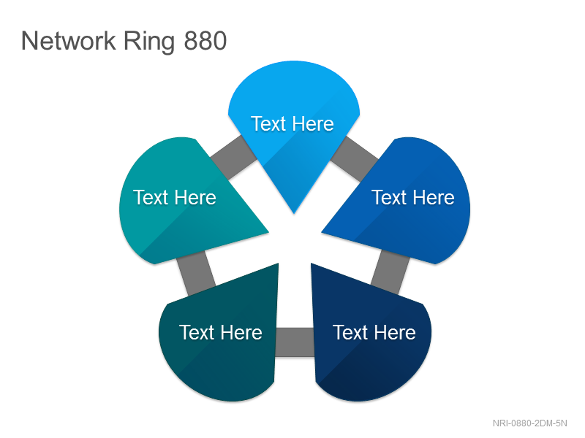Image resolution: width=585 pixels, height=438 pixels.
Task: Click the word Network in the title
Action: tap(68, 41)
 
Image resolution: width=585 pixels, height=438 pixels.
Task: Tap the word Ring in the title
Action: tap(149, 42)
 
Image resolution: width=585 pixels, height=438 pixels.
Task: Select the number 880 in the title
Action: tap(205, 41)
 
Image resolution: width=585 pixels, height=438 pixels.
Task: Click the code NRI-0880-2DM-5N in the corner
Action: tap(529, 423)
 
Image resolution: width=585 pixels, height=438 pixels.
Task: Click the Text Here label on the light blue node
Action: tap(292, 123)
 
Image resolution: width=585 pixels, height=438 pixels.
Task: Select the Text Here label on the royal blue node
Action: tap(413, 197)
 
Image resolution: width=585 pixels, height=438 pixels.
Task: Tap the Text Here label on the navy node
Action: tap(374, 332)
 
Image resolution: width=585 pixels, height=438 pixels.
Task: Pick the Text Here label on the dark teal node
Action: tap(221, 332)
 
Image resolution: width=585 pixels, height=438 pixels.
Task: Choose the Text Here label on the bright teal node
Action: tap(175, 197)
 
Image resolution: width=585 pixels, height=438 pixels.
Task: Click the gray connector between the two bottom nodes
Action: tap(295, 342)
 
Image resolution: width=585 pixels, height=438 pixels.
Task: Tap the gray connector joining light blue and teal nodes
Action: tap(234, 157)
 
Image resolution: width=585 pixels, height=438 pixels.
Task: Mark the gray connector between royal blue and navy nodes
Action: tap(390, 272)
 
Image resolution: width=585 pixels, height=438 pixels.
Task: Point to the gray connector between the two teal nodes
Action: tap(196, 273)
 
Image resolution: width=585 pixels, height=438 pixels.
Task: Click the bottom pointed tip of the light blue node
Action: tap(294, 213)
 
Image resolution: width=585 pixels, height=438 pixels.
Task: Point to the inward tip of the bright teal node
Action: tap(268, 233)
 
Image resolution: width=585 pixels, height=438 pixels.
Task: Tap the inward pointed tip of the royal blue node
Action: tap(322, 233)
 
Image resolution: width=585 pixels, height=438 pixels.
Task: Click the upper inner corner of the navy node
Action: tap(312, 264)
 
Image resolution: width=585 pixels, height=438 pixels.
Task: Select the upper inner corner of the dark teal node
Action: tap(279, 264)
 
